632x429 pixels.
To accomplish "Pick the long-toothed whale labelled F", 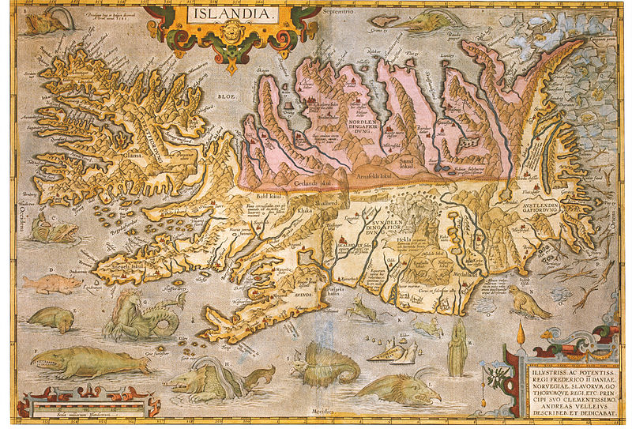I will (x=87, y=363).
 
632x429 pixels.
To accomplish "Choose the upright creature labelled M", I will (x=457, y=348).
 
